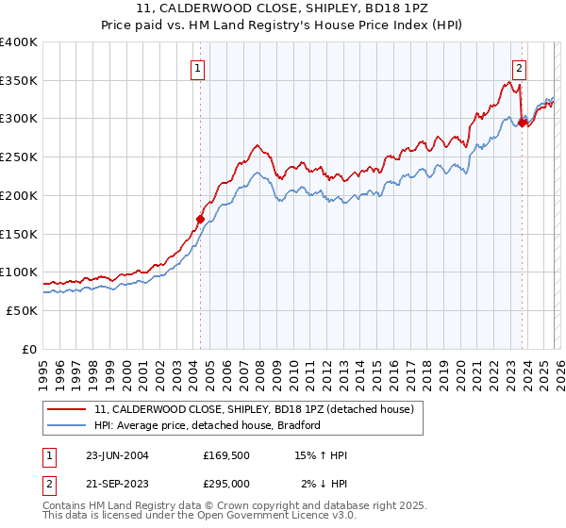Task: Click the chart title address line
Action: (282, 9)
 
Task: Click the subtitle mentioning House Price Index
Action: (282, 25)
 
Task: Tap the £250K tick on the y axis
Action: (18, 157)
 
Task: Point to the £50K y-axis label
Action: (22, 310)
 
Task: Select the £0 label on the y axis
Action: (28, 349)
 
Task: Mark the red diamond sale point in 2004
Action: (200, 219)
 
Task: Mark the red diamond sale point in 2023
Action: (522, 123)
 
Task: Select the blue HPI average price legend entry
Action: (208, 425)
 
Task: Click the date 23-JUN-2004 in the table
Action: (117, 455)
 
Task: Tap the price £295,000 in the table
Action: (226, 484)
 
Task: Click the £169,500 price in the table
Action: (226, 455)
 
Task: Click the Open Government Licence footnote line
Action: (199, 517)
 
